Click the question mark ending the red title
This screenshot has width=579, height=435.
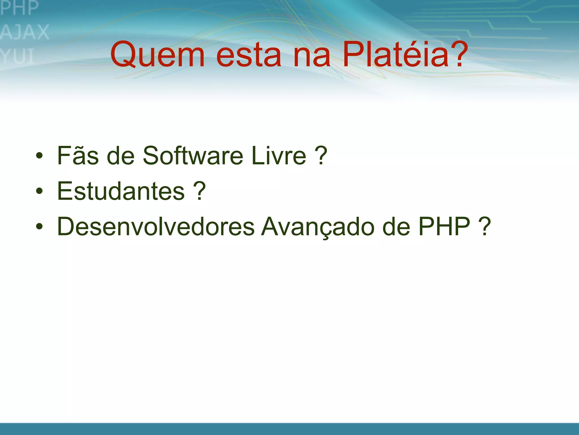[x=456, y=54]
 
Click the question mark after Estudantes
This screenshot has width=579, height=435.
[x=199, y=191]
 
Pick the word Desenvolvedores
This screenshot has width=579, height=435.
[x=156, y=226]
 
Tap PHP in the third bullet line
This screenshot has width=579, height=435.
[x=444, y=226]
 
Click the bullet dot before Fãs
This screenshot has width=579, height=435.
[x=39, y=156]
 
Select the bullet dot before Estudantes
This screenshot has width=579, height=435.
[x=39, y=192]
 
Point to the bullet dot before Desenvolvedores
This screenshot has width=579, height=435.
[x=39, y=227]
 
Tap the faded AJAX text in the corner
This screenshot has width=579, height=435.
[x=25, y=32]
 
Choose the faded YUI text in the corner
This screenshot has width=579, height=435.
[x=17, y=56]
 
